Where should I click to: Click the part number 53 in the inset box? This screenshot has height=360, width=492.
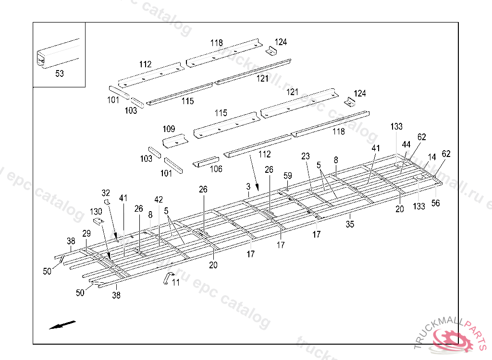pyautogui.click(x=59, y=73)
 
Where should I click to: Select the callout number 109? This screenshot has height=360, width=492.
pyautogui.click(x=169, y=129)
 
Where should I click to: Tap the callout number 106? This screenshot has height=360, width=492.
pyautogui.click(x=216, y=168)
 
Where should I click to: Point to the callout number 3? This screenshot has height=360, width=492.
pyautogui.click(x=248, y=186)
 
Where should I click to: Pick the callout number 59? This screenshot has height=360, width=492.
pyautogui.click(x=287, y=176)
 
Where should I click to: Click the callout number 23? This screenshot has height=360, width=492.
pyautogui.click(x=306, y=156)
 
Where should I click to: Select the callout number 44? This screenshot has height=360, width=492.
pyautogui.click(x=406, y=144)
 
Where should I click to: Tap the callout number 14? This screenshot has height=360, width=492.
pyautogui.click(x=432, y=156)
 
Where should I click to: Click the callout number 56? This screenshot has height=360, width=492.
pyautogui.click(x=435, y=203)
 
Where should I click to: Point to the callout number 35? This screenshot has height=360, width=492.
pyautogui.click(x=350, y=224)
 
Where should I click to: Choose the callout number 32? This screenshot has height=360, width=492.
pyautogui.click(x=106, y=192)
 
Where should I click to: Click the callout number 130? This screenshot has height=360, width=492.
pyautogui.click(x=96, y=211)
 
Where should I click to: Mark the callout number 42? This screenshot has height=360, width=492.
pyautogui.click(x=159, y=199)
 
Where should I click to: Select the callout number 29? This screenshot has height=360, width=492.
pyautogui.click(x=86, y=233)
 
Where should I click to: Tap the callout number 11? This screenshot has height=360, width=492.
pyautogui.click(x=176, y=283)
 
